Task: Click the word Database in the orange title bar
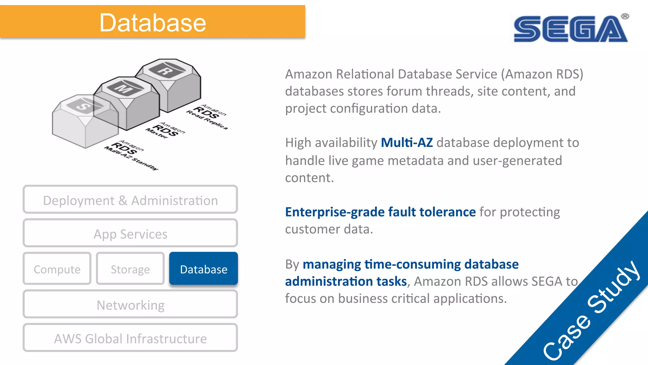[x=153, y=23]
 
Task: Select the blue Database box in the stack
[x=203, y=269]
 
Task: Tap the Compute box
[x=57, y=269]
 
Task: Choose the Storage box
[x=130, y=269]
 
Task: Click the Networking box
[x=130, y=305]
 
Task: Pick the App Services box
[x=130, y=234]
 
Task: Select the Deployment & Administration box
[x=130, y=200]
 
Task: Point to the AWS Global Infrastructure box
[x=130, y=338]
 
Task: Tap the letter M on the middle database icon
[x=123, y=88]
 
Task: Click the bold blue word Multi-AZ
[x=407, y=143]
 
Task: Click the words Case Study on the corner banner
[x=592, y=311]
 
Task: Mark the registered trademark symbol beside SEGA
[x=625, y=16]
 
